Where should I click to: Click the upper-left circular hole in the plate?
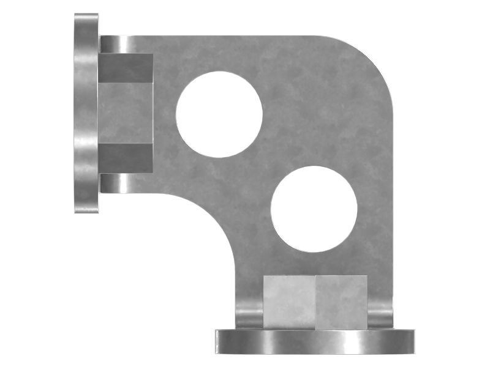pos(219,114)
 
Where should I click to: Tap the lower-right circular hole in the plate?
pos(314,209)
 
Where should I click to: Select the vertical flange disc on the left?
pos(86,113)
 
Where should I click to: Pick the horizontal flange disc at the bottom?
pos(315,341)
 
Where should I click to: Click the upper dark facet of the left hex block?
pos(126,68)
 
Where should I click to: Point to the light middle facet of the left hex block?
pos(126,113)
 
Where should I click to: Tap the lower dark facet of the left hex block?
pos(126,158)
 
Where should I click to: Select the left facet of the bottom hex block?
pos(289,302)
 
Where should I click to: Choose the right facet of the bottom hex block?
pos(342,302)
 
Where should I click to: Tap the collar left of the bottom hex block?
pos(249,313)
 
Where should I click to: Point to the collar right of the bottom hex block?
pos(380,313)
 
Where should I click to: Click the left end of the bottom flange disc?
pos(219,341)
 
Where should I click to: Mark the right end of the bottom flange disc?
pos(411,341)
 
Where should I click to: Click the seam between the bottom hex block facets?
pos(315,302)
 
